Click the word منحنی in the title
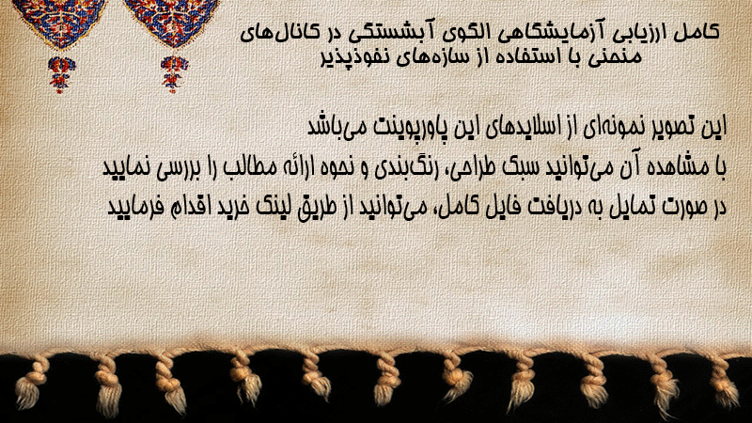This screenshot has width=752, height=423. pos(618,56)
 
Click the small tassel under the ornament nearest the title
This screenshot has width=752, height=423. pos(174,73)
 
